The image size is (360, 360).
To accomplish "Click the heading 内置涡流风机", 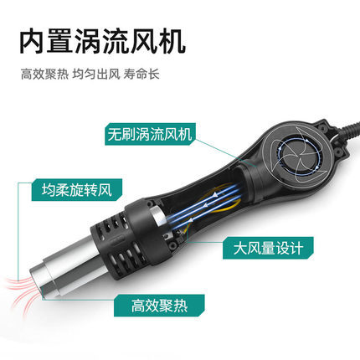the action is click(x=103, y=42).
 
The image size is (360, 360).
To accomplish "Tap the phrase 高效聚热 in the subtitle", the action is click(x=44, y=75).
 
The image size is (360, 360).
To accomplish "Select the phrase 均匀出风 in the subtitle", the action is click(x=96, y=75).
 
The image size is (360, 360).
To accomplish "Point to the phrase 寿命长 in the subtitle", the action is click(x=141, y=75).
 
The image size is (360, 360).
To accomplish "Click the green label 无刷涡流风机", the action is click(x=150, y=134).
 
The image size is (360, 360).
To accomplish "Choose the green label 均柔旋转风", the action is click(x=77, y=190).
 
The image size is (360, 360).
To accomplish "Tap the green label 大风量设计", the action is click(x=268, y=248).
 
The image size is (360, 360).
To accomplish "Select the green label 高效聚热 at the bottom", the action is click(x=159, y=306).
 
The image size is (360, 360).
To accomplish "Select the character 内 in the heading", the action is click(x=33, y=42).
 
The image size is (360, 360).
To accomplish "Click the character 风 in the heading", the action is click(x=145, y=42).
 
